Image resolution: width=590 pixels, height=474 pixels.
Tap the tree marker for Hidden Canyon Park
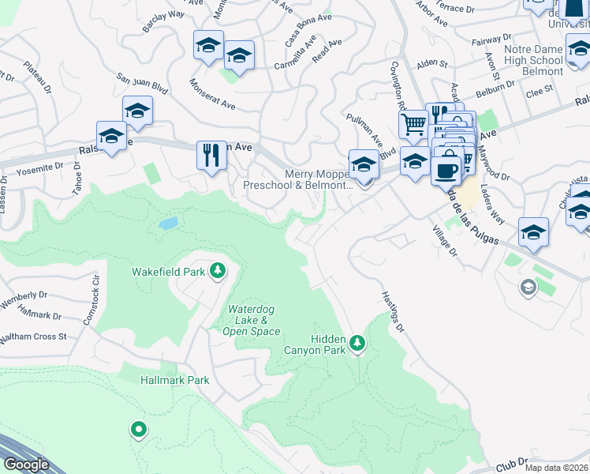click(358, 343)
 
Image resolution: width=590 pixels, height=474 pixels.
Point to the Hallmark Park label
click(174, 380)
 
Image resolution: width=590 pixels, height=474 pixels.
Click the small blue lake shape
click(168, 224)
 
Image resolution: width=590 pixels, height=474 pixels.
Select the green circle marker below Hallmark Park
click(139, 430)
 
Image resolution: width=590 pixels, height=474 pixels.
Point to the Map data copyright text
click(556, 468)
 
